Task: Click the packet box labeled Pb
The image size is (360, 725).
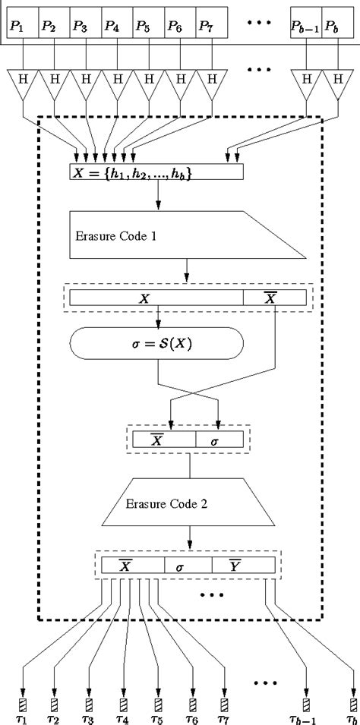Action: [337, 26]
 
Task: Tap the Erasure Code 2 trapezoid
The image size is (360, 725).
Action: [190, 503]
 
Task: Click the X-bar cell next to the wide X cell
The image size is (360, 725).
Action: [275, 298]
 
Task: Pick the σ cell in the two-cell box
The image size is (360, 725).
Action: [219, 439]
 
